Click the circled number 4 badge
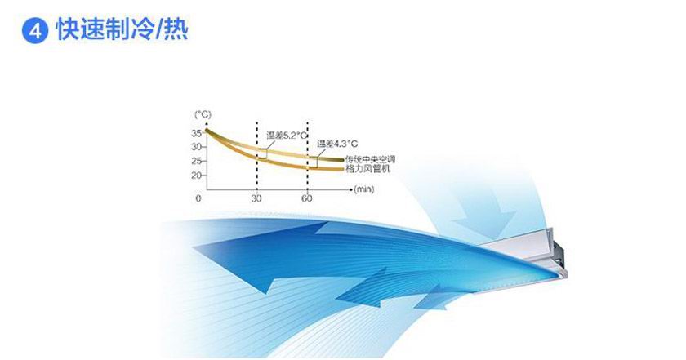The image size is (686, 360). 34,31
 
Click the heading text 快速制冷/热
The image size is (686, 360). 122,29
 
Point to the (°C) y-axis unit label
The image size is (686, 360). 203,114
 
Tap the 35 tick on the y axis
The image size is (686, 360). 197,133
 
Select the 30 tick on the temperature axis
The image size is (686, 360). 197,147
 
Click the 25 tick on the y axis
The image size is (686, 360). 197,161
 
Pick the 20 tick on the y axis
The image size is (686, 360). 197,176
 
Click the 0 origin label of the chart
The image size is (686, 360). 198,198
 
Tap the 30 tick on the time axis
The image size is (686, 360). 256,198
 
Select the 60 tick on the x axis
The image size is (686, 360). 307,198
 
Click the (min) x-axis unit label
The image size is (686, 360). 364,189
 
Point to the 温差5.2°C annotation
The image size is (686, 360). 287,136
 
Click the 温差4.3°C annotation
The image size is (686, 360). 337,144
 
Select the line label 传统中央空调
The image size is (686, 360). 370,159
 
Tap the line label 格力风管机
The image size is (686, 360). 368,168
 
